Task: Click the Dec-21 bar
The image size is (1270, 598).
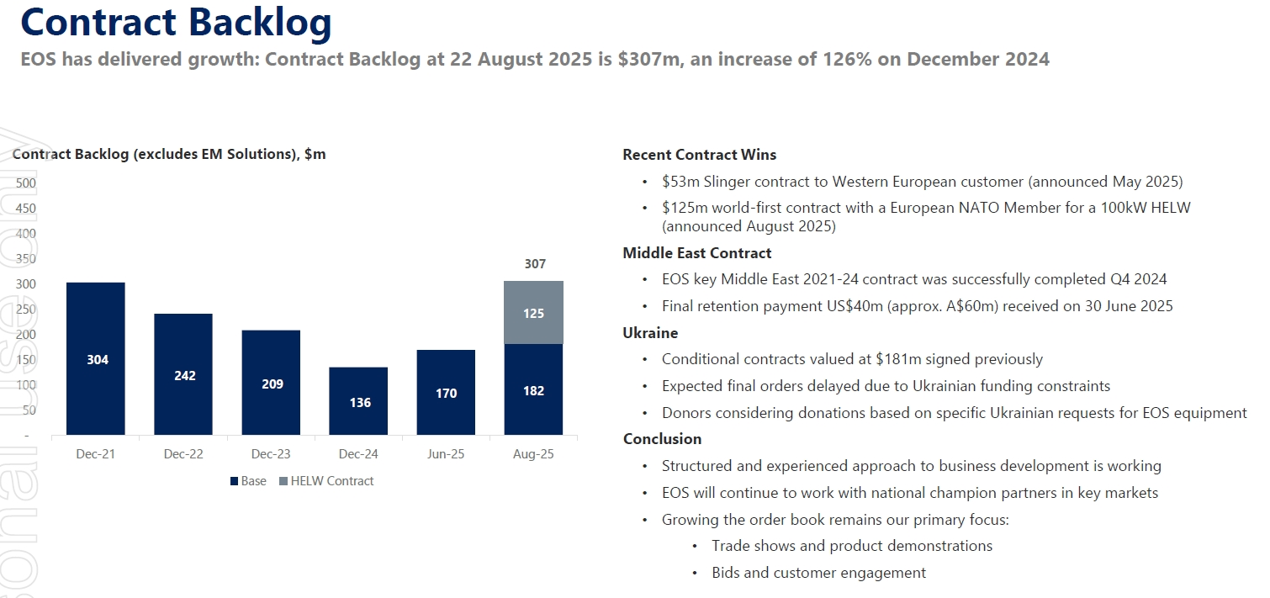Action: point(96,358)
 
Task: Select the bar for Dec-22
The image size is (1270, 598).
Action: point(183,374)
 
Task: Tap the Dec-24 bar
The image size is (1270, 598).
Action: point(358,401)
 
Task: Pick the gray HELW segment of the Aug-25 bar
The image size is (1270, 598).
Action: point(533,312)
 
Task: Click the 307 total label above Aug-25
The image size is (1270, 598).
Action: point(534,264)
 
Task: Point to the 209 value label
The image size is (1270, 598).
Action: point(272,384)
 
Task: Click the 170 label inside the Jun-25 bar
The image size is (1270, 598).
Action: point(446,393)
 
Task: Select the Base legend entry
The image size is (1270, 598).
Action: point(248,481)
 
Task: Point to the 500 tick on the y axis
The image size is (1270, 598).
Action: point(26,183)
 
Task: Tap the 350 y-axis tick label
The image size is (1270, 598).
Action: point(26,259)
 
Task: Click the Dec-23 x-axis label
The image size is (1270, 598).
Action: point(271,454)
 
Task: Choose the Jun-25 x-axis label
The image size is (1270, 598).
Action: point(446,454)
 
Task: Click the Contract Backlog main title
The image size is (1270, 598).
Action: point(176,23)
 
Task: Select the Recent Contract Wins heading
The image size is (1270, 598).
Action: point(699,155)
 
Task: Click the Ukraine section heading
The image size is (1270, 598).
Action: point(650,333)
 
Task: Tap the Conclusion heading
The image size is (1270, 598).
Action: point(662,439)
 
